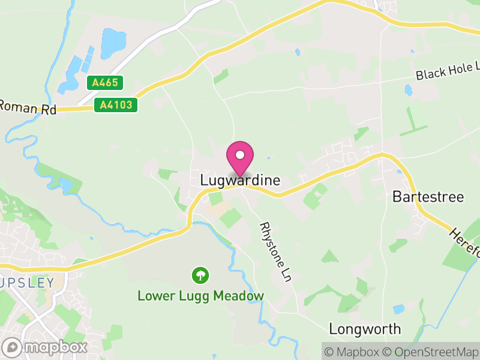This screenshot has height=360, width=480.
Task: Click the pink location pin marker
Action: coord(240,158)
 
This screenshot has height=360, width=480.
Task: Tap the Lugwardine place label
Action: coord(240,180)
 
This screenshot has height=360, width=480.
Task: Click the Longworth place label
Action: coord(365,329)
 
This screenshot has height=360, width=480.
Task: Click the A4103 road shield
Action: coord(116,105)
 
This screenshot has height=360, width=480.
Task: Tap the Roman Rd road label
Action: coord(27,109)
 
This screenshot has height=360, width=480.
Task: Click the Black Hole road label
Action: coord(448,71)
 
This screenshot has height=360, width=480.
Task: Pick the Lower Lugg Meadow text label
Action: coord(200,296)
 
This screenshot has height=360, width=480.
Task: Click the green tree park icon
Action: coord(200,275)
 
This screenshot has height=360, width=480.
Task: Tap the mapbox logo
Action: coord(45,347)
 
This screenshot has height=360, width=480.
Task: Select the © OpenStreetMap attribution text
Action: coord(430,351)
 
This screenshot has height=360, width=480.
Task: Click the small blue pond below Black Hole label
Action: coord(409,91)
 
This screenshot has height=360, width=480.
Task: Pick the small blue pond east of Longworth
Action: coord(398,310)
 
